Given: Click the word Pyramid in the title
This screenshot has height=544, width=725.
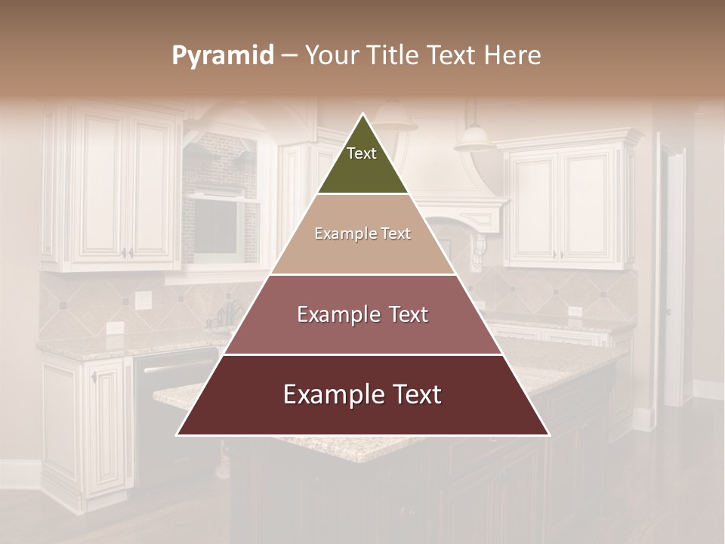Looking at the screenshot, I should [x=222, y=56].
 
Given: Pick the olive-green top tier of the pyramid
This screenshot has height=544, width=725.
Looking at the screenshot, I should [x=362, y=162].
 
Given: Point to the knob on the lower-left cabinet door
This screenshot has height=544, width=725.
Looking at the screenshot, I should [x=94, y=376].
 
